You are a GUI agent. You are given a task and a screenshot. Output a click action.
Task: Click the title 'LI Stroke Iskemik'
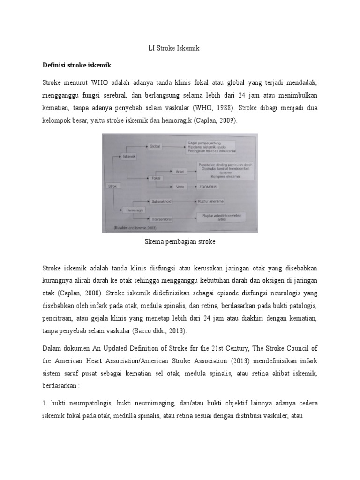coord(180,48)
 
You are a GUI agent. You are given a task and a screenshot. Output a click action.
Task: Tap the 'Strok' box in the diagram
coord(112,186)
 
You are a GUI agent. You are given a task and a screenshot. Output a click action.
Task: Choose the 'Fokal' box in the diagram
coord(156,178)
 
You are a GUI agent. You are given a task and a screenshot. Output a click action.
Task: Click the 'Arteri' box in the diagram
coord(180,171)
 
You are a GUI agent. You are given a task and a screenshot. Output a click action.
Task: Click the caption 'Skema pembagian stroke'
coord(180,242)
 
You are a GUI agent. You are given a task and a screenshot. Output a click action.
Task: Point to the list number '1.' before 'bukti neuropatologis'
coord(45,403)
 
